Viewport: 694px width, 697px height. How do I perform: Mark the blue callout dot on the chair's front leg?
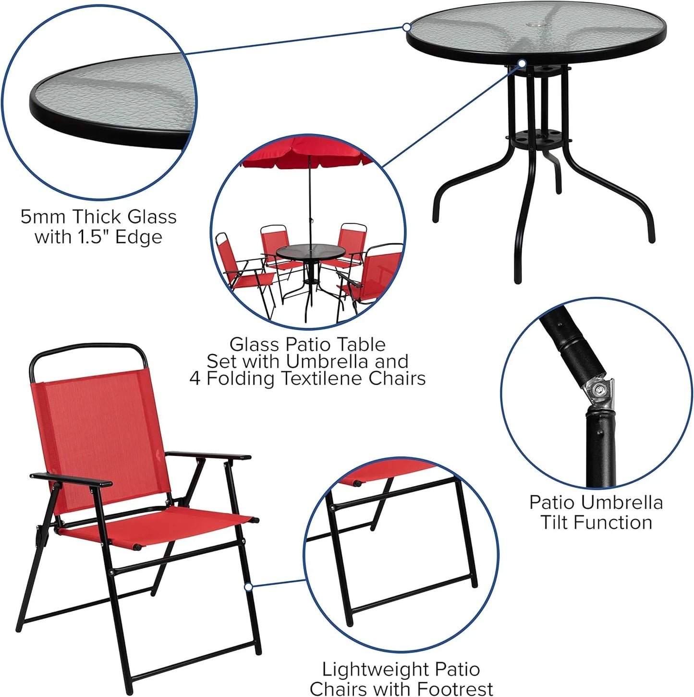(x=248, y=587)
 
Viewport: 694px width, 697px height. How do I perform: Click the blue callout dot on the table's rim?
(x=407, y=27)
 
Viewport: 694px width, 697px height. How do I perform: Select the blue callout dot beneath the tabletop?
(x=522, y=63)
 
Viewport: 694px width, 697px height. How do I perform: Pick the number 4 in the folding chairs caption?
(x=195, y=379)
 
